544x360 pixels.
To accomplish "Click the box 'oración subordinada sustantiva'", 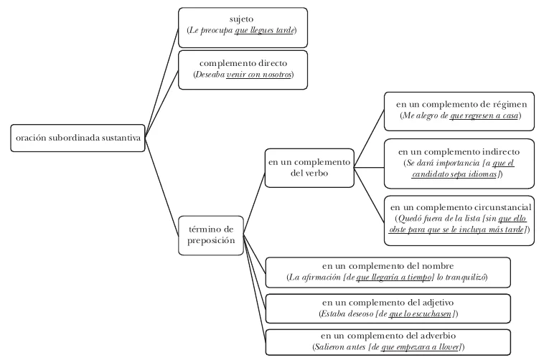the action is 78,138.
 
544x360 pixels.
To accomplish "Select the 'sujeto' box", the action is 243,27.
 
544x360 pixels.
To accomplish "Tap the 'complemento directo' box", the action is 243,70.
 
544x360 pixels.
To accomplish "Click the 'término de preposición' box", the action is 211,235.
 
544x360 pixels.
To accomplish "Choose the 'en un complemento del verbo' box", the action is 309,169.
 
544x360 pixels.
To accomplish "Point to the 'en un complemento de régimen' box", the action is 459,111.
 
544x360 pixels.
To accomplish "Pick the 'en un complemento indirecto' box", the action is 459,164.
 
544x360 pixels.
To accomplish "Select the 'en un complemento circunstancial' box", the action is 459,221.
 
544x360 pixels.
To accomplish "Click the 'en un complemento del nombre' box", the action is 388,273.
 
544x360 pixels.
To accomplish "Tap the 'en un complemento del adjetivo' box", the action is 388,308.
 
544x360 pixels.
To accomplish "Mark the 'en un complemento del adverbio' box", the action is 388,342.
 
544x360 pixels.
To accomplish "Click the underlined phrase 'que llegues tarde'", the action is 264,31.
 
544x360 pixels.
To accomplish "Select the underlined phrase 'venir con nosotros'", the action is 259,75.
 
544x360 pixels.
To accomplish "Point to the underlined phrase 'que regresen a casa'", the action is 484,115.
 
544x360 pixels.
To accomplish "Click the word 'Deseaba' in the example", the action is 210,75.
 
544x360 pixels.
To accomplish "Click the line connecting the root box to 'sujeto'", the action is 161,82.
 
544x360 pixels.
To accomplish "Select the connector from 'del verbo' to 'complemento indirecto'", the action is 369,168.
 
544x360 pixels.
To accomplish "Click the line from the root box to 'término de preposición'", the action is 161,186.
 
